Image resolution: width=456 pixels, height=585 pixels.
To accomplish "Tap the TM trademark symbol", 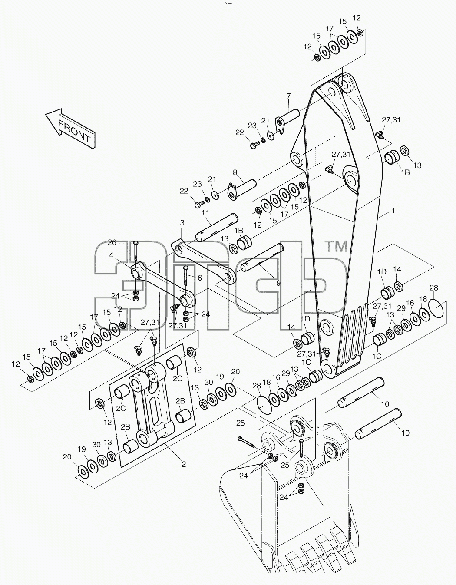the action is pyautogui.click(x=337, y=246).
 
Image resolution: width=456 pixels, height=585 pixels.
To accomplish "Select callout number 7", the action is pyautogui.click(x=288, y=96).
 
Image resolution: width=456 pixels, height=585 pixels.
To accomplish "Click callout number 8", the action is pyautogui.click(x=235, y=172).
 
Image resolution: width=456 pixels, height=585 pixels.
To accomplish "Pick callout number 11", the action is pyautogui.click(x=205, y=213).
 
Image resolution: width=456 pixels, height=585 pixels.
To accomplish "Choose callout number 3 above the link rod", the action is pyautogui.click(x=182, y=223).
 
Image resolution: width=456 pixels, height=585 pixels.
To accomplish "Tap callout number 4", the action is pyautogui.click(x=112, y=255).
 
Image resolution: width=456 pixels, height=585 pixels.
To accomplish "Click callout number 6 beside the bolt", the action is pyautogui.click(x=199, y=278).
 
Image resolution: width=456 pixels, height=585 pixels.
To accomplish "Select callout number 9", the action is pyautogui.click(x=278, y=283).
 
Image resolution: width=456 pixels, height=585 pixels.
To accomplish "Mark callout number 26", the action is pyautogui.click(x=112, y=243).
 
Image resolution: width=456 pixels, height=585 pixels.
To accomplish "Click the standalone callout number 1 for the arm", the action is pyautogui.click(x=393, y=211).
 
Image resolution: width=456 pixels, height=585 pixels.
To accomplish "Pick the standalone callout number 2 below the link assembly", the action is pyautogui.click(x=184, y=464).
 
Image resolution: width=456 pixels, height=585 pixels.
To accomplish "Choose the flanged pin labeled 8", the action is pyautogui.click(x=242, y=190).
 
